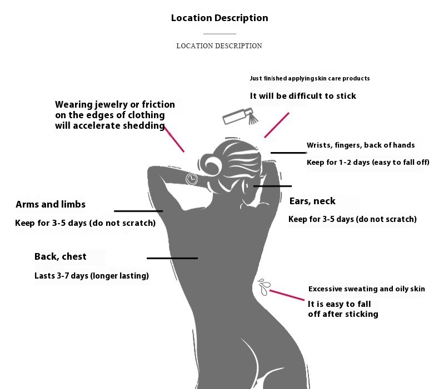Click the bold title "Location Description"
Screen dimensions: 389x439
point(219,18)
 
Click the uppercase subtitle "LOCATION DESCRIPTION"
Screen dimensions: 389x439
point(219,46)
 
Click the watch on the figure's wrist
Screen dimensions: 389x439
point(192,178)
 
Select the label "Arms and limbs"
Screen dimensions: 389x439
point(51,204)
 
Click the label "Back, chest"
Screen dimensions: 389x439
point(61,256)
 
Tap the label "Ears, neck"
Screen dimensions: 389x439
point(312,201)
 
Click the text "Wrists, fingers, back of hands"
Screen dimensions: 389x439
point(361,145)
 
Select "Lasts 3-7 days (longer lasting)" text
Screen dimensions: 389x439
point(92,275)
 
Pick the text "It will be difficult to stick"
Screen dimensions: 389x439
point(303,96)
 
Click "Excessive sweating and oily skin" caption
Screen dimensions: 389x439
point(366,289)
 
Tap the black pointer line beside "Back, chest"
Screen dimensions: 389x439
point(172,258)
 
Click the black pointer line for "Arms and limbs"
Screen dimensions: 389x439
point(138,211)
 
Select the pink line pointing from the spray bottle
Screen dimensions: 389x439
point(277,125)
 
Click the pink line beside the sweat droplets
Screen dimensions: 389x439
point(286,294)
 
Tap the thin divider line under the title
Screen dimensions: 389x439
point(219,34)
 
